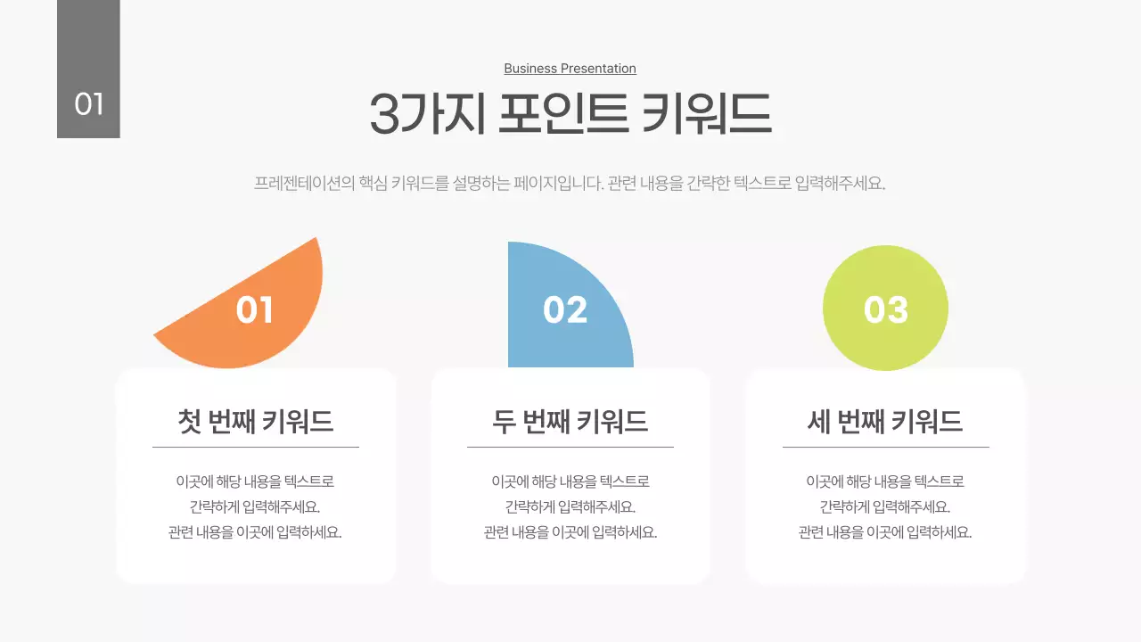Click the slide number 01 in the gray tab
point(89,104)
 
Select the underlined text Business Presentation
point(570,69)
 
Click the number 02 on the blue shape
point(565,309)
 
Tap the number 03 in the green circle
point(885,309)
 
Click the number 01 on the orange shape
point(255,309)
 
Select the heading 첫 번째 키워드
point(256,421)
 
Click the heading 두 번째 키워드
point(570,421)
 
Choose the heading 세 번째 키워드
point(885,421)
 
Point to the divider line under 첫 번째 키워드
point(256,447)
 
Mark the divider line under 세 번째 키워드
point(885,447)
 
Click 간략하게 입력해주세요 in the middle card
point(570,506)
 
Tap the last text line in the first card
point(256,532)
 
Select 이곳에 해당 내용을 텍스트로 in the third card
point(885,481)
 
